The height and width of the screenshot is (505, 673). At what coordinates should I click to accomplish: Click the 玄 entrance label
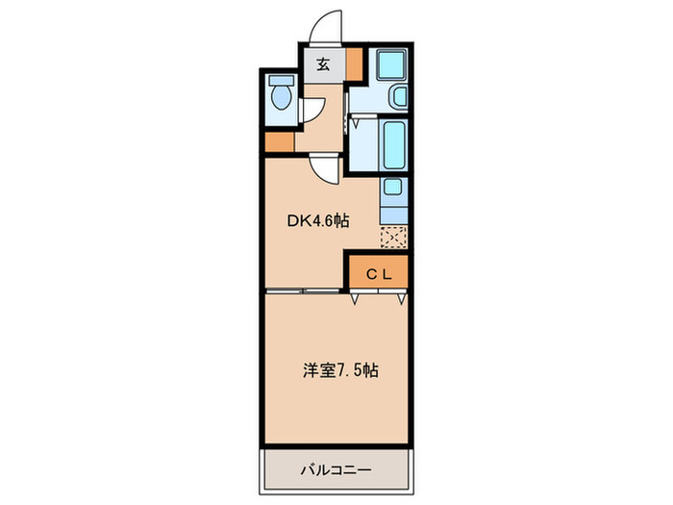pyautogui.click(x=324, y=65)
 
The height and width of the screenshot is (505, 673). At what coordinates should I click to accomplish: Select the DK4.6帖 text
pyautogui.click(x=317, y=220)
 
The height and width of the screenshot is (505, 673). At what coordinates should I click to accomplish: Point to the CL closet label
pyautogui.click(x=378, y=273)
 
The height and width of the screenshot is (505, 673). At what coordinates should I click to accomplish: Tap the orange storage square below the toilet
pyautogui.click(x=279, y=142)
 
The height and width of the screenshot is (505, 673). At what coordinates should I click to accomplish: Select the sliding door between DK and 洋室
pyautogui.click(x=303, y=290)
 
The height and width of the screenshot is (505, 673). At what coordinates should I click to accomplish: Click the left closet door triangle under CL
pyautogui.click(x=357, y=300)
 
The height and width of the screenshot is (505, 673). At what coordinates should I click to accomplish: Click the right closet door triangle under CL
pyautogui.click(x=398, y=300)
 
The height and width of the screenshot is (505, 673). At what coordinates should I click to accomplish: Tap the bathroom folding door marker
pyautogui.click(x=354, y=123)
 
